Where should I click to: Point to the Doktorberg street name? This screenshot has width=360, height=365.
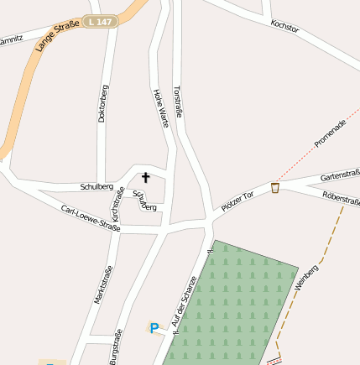[103, 103]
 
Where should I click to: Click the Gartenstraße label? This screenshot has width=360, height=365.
[341, 175]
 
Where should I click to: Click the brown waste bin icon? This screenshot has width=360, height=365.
[275, 188]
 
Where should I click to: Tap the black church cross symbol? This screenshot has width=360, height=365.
[145, 177]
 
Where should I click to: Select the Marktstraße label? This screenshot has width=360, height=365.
[102, 284]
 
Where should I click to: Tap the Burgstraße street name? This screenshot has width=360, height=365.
[114, 347]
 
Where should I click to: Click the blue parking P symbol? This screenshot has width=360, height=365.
[154, 328]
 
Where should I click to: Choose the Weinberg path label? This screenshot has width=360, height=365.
[307, 277]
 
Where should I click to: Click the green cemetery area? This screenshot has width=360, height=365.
[231, 302]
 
